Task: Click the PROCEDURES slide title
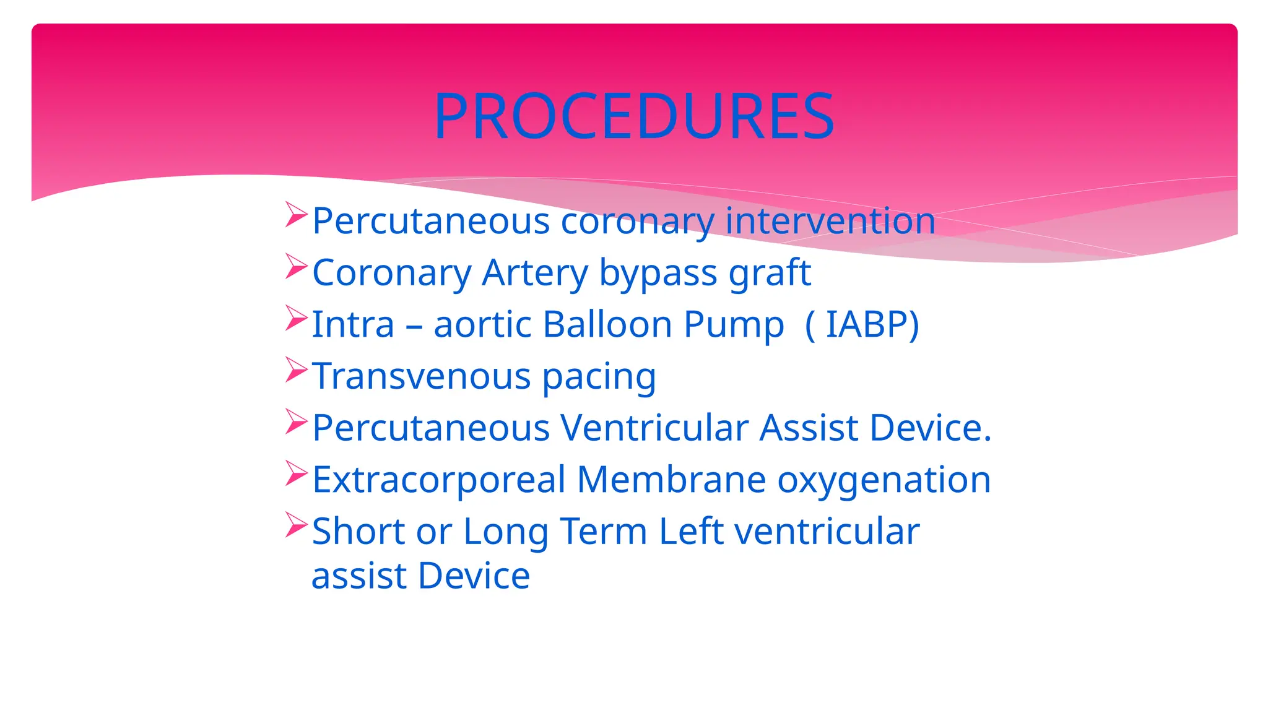[634, 116]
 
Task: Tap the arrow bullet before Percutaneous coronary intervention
[297, 215]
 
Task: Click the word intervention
[830, 221]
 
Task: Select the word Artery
[535, 273]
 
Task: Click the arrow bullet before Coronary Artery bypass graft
[297, 267]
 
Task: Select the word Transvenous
[421, 376]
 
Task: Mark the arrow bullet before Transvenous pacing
[297, 370]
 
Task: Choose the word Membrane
[671, 480]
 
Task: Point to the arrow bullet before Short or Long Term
[297, 525]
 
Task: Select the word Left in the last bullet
[691, 531]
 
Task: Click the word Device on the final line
[474, 576]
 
